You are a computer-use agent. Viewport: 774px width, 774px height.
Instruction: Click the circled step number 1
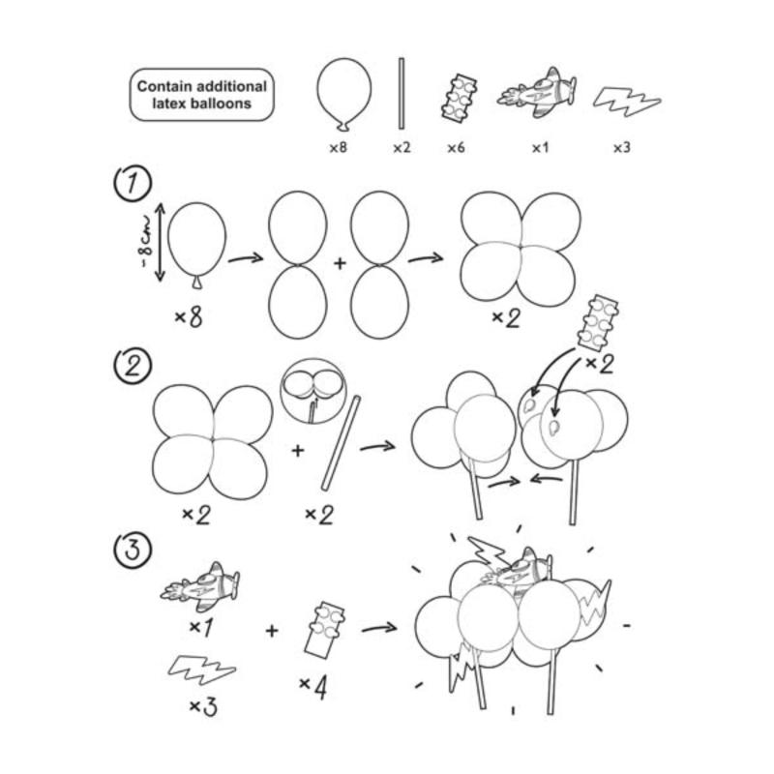coord(133,184)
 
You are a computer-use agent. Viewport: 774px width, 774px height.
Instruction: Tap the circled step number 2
coord(133,366)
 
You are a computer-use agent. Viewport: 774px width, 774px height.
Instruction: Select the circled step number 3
coord(133,550)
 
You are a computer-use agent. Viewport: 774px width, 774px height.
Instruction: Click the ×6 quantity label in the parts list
coord(456,148)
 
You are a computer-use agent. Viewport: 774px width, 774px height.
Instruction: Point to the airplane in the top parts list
coord(537,93)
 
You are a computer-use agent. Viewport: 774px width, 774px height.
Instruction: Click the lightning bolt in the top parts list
coord(626,103)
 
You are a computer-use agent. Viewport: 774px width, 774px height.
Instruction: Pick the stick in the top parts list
coord(402,94)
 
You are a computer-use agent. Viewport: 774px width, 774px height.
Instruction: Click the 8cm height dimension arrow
coord(160,243)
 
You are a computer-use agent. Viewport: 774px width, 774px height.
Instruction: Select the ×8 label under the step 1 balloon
coord(189,317)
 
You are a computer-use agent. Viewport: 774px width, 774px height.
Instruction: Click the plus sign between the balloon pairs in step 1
coord(340,263)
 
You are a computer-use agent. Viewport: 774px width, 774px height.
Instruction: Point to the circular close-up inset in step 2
coord(313,391)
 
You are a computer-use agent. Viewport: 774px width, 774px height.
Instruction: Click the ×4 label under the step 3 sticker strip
coord(313,687)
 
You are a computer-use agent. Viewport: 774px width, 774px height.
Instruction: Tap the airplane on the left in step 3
coord(201,586)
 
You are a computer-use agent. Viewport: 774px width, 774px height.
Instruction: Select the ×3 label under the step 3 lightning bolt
coord(203,706)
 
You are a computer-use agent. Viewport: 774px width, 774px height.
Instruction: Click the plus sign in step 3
coord(272,631)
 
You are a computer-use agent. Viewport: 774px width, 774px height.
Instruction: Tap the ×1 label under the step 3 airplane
coord(201,627)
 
